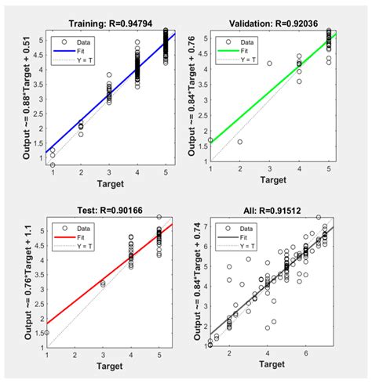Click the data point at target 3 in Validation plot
269,63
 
